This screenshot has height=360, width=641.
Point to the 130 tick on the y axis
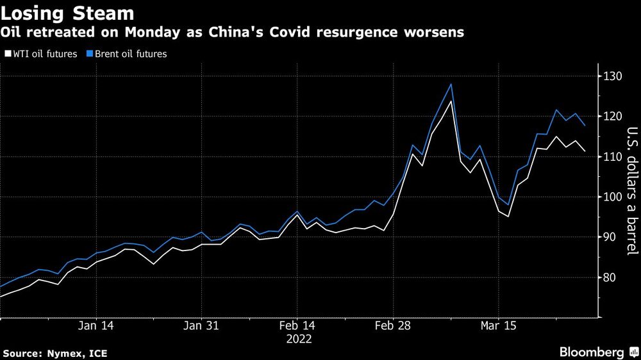click(x=612, y=76)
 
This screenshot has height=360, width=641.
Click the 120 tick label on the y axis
click(x=612, y=117)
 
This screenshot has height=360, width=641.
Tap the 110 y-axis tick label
click(x=612, y=157)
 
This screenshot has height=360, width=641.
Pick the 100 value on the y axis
click(x=612, y=197)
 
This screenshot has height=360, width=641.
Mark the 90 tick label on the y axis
click(x=610, y=237)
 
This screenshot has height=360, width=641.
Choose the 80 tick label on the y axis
click(x=610, y=277)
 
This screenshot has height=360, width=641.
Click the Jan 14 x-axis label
click(x=96, y=325)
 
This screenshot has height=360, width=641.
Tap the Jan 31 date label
click(x=201, y=325)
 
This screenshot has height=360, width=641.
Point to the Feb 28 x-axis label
click(x=393, y=325)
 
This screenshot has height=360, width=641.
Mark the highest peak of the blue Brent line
click(x=451, y=84)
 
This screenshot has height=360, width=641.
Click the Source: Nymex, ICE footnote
click(x=54, y=353)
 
